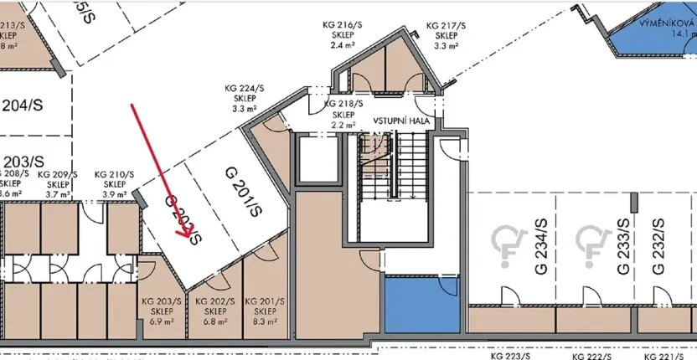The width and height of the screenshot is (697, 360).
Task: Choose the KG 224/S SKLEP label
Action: point(243,97)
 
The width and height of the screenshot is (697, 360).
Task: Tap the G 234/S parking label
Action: point(540,247)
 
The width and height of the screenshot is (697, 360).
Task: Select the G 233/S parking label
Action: point(622,247)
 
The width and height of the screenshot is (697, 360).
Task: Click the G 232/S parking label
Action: point(658,247)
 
